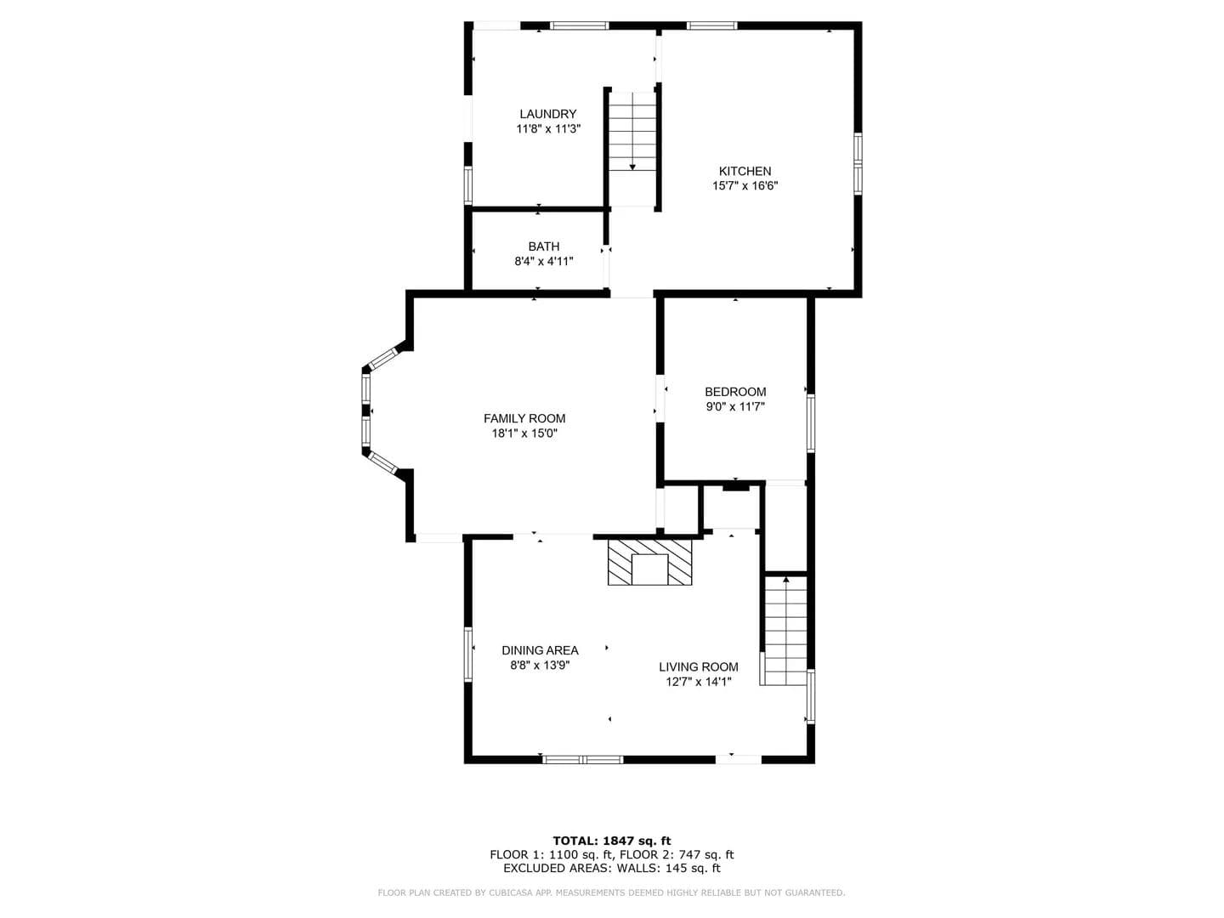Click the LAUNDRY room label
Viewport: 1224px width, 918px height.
[547, 114]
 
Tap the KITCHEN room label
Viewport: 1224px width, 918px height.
[745, 172]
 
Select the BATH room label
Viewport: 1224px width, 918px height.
[544, 246]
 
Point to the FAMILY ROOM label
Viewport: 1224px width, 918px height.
[524, 418]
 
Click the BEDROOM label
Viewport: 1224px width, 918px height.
[735, 392]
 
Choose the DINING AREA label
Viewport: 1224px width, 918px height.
[540, 650]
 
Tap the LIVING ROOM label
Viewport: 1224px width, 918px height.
[698, 667]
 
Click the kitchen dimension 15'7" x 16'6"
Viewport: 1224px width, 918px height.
[745, 186]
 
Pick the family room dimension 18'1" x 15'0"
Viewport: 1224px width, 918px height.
[524, 433]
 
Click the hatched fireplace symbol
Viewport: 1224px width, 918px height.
[649, 562]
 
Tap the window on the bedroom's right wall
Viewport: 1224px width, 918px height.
[811, 422]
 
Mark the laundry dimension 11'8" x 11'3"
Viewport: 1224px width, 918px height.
[548, 129]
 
